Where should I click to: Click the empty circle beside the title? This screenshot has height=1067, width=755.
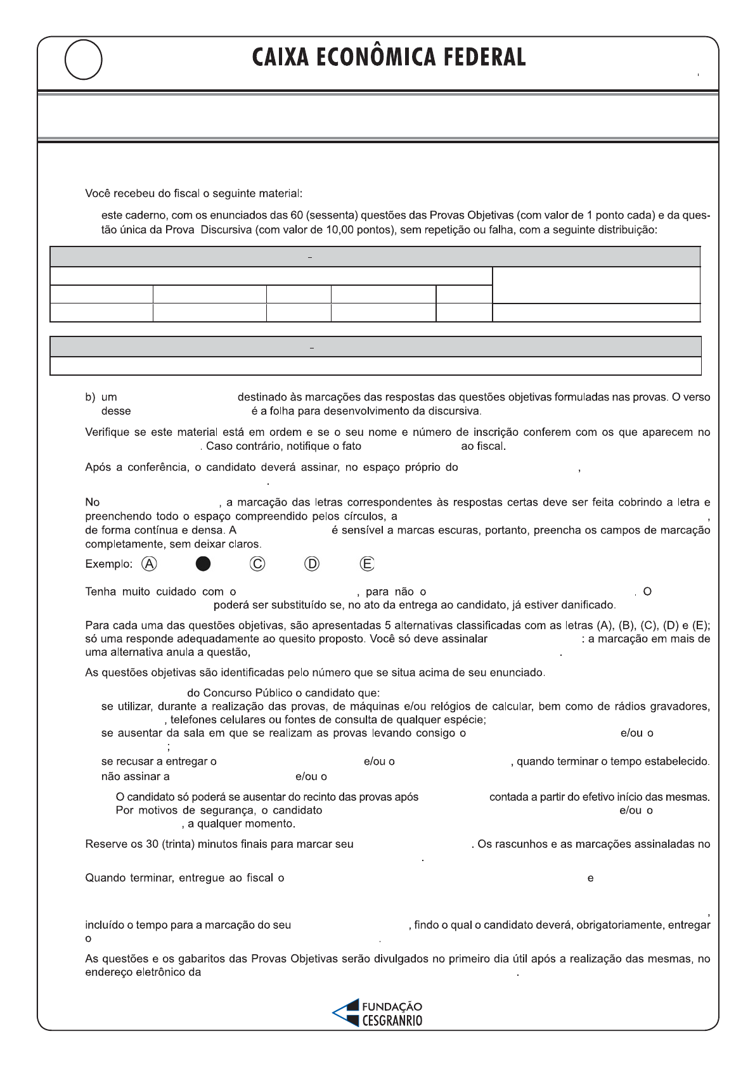click(83, 60)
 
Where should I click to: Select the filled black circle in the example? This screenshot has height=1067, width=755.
click(203, 564)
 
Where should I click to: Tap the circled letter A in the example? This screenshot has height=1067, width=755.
click(149, 564)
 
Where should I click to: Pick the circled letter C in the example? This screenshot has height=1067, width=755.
click(257, 564)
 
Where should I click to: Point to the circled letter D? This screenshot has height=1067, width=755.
click(312, 564)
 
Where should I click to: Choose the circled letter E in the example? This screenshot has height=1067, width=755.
click(366, 564)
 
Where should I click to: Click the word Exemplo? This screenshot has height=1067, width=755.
click(108, 564)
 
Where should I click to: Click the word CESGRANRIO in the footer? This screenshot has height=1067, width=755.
click(392, 1020)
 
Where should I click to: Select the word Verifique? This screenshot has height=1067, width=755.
click(106, 432)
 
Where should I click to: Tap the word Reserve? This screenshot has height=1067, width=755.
click(104, 844)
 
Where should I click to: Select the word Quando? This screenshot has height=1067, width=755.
click(104, 878)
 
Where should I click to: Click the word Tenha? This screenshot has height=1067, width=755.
click(100, 591)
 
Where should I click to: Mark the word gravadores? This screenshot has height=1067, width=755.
click(681, 706)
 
